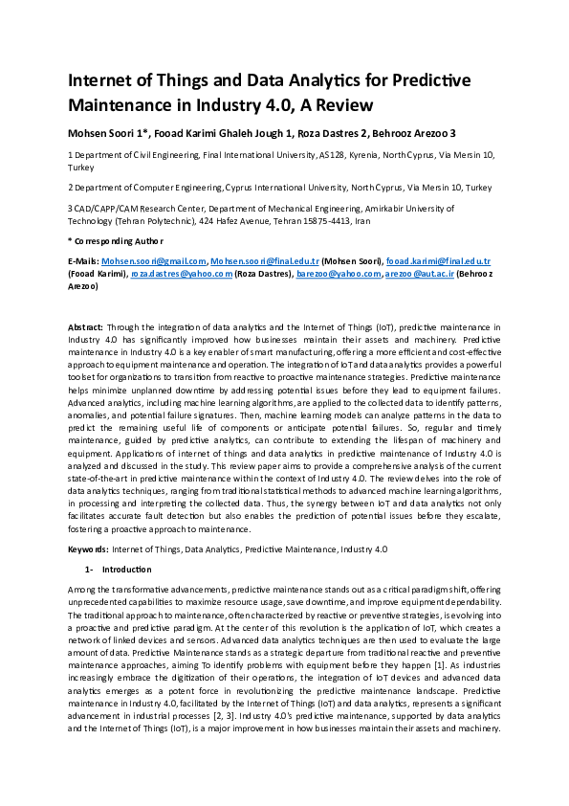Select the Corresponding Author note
[116, 240]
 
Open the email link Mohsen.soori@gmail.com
[154, 261]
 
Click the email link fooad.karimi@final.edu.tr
[447, 261]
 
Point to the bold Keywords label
[87, 549]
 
